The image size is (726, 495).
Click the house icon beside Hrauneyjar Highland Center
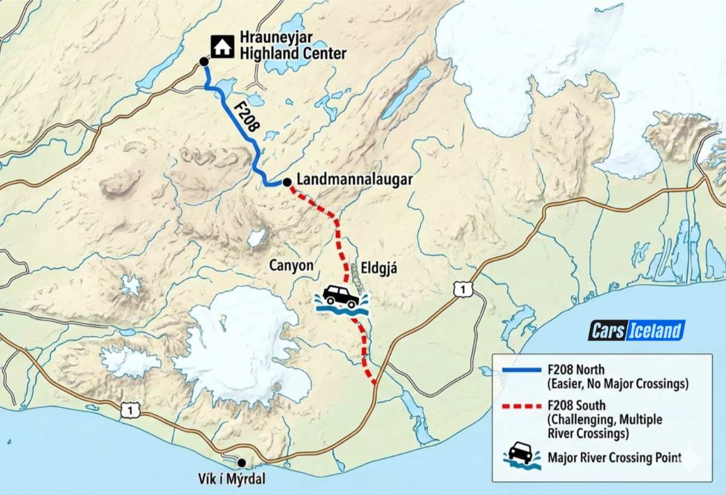(x=222, y=47)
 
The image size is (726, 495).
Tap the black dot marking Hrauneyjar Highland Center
(x=204, y=62)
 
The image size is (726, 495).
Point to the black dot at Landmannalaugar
(x=287, y=182)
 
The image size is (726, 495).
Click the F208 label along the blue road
(x=246, y=117)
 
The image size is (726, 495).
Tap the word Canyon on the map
(x=292, y=266)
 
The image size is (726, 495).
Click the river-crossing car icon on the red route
(x=341, y=298)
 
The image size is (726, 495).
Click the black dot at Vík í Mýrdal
(x=242, y=463)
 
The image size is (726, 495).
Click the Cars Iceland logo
(x=636, y=330)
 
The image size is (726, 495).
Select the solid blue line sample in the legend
(x=522, y=370)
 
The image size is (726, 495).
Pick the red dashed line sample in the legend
(x=522, y=405)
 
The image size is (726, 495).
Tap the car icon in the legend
(x=522, y=455)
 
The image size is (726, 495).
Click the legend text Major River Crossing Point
(x=614, y=458)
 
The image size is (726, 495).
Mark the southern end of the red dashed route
(x=374, y=382)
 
